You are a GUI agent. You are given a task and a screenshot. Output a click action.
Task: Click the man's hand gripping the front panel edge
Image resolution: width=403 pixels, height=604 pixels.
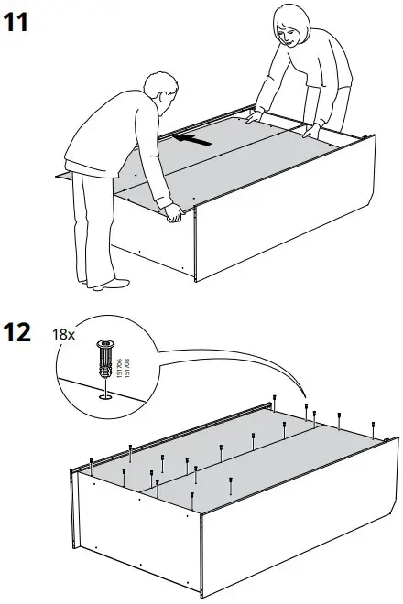point(172,216)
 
